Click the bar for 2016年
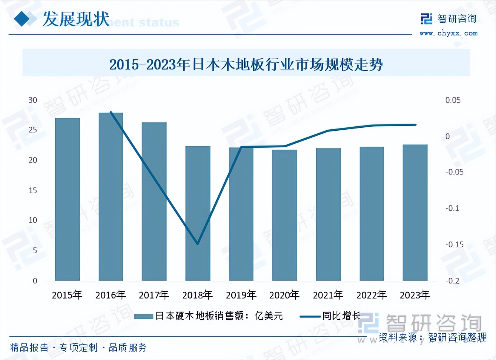point(111,196)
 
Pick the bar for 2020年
point(285,215)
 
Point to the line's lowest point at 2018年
point(198,244)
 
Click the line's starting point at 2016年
point(111,112)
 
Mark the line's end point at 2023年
point(416,125)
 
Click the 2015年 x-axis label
point(67,295)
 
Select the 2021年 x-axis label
point(328,295)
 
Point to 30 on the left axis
point(33,100)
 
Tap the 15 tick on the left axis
point(33,190)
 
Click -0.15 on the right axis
point(454,244)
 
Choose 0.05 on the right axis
point(453,100)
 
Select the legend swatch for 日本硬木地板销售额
point(144,316)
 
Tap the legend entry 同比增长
point(341,316)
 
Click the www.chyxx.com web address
point(449,33)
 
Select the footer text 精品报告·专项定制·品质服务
point(79,347)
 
